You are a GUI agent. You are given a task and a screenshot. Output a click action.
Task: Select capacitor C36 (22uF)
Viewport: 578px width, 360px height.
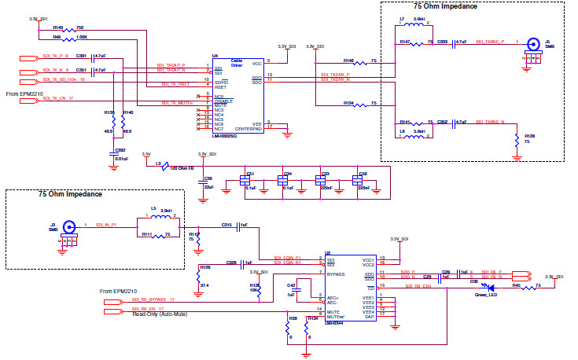tap(202, 181)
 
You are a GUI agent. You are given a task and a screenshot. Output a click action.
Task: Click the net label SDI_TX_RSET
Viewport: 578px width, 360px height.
tap(175, 83)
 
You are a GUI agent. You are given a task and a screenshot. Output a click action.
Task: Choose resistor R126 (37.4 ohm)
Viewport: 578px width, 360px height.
tap(197, 276)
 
